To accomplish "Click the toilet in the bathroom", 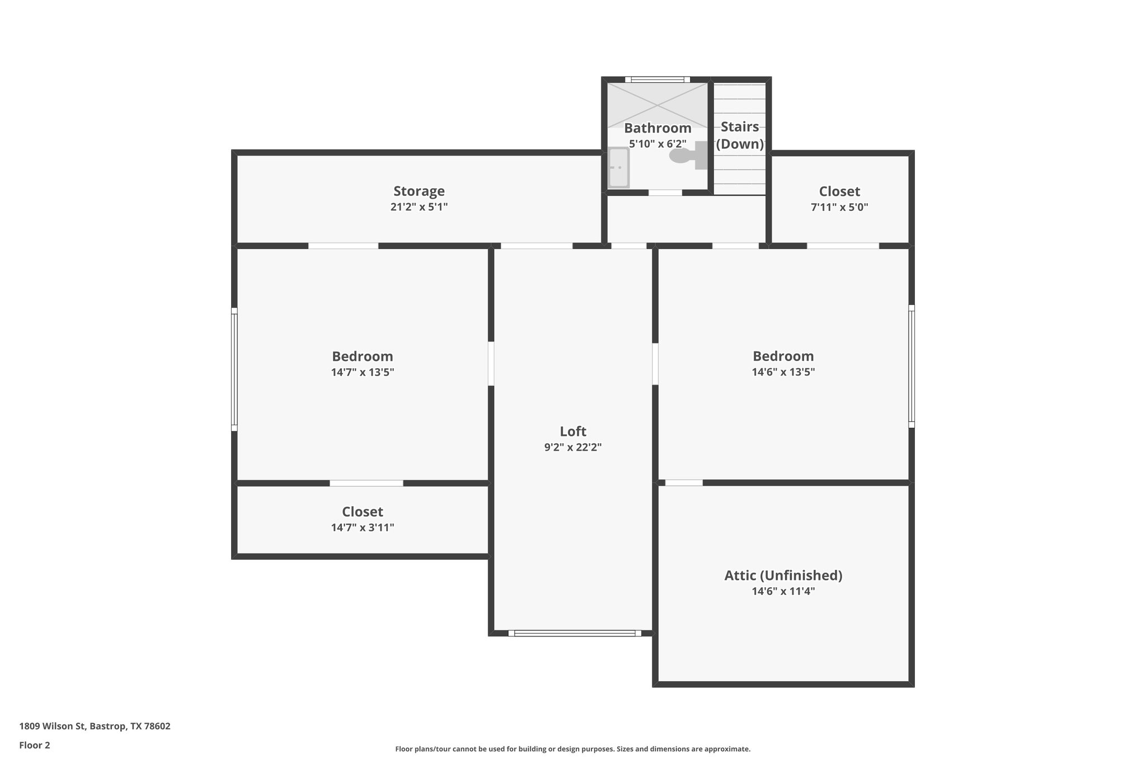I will click(685, 155).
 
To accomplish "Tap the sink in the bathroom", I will click(618, 167).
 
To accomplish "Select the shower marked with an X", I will click(657, 104).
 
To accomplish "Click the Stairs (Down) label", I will click(740, 135).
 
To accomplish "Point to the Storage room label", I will click(419, 191).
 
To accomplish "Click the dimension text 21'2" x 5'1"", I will click(419, 207).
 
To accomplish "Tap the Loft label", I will click(572, 432).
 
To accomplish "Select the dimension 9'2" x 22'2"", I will click(572, 447).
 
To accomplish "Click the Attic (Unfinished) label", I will click(783, 575).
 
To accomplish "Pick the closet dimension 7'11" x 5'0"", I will click(839, 207).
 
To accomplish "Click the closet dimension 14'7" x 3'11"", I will click(362, 527).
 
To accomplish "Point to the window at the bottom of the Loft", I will click(575, 634).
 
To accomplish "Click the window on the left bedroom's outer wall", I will click(234, 369).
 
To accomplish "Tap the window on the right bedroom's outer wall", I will click(911, 367).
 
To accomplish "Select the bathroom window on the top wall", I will click(657, 79).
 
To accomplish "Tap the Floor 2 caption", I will click(35, 745).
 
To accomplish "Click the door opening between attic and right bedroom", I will click(684, 482).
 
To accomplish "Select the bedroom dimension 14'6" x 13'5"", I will click(783, 372).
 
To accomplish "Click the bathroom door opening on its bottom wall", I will click(665, 193).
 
